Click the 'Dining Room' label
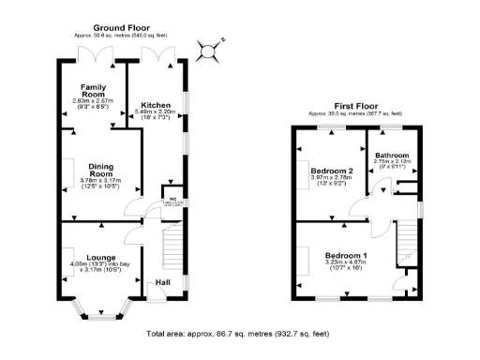[x=100, y=170]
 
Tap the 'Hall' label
[x=163, y=281]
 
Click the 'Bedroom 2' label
[x=329, y=171]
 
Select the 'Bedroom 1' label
[x=346, y=255]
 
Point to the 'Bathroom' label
[x=392, y=155]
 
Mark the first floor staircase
[x=405, y=246]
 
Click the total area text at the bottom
[x=238, y=333]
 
